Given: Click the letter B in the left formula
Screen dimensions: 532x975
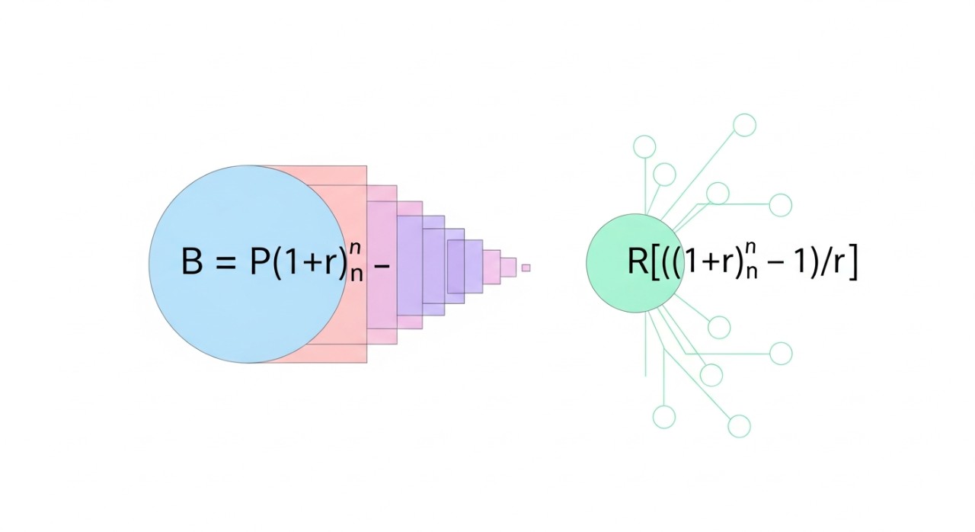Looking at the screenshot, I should pyautogui.click(x=193, y=261).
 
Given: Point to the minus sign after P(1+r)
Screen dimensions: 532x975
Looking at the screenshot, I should pyautogui.click(x=382, y=264).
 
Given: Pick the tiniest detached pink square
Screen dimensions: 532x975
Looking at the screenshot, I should pyautogui.click(x=526, y=268).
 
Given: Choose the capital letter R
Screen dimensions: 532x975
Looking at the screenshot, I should pyautogui.click(x=638, y=261).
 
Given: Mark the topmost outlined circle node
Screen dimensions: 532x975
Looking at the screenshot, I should pyautogui.click(x=744, y=124).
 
